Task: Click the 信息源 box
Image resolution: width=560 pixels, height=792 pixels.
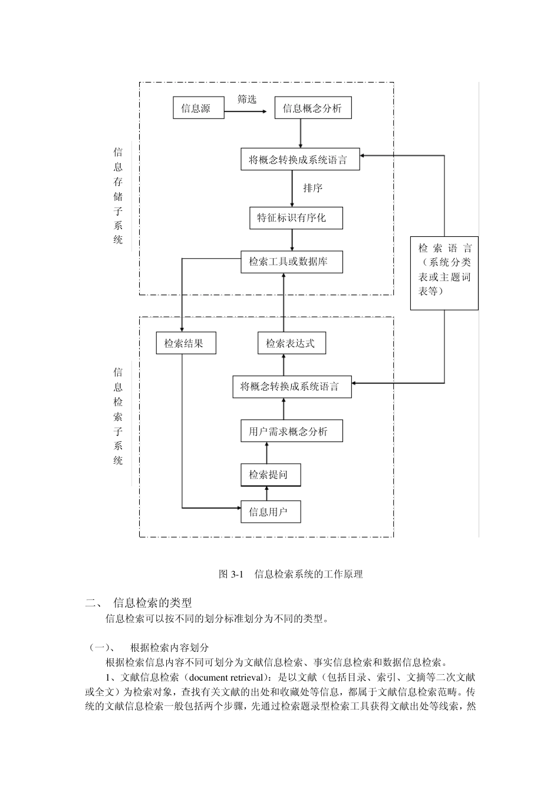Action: click(x=199, y=107)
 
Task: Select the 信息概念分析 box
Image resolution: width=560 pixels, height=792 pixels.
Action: click(x=313, y=107)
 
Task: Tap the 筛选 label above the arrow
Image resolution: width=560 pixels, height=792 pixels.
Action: click(x=247, y=100)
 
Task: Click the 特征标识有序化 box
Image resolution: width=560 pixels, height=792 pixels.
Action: click(x=296, y=218)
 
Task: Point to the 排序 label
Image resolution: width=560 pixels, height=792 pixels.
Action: click(x=313, y=188)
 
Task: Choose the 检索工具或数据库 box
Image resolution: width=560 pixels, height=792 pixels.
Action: click(x=292, y=262)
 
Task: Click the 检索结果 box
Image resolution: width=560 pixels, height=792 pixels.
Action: click(x=186, y=343)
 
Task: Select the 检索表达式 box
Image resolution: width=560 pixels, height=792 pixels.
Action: click(x=292, y=343)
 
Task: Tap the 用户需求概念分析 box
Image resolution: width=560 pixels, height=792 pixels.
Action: click(x=292, y=431)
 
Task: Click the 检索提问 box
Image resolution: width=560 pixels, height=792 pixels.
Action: click(x=271, y=475)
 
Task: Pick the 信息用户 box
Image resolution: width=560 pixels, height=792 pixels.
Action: click(x=271, y=511)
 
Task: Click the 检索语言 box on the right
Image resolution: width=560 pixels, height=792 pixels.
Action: click(x=444, y=273)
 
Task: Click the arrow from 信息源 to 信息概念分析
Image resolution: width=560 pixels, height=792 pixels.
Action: click(x=245, y=111)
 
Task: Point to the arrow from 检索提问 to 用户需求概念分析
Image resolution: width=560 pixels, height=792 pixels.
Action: click(x=266, y=453)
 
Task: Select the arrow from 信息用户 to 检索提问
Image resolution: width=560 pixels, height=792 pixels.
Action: click(x=266, y=493)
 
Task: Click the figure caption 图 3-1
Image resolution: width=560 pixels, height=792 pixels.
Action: click(x=231, y=574)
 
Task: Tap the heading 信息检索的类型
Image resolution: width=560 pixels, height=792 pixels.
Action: click(x=153, y=602)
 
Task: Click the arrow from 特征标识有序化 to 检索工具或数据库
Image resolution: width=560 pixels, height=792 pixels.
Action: click(x=292, y=240)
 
